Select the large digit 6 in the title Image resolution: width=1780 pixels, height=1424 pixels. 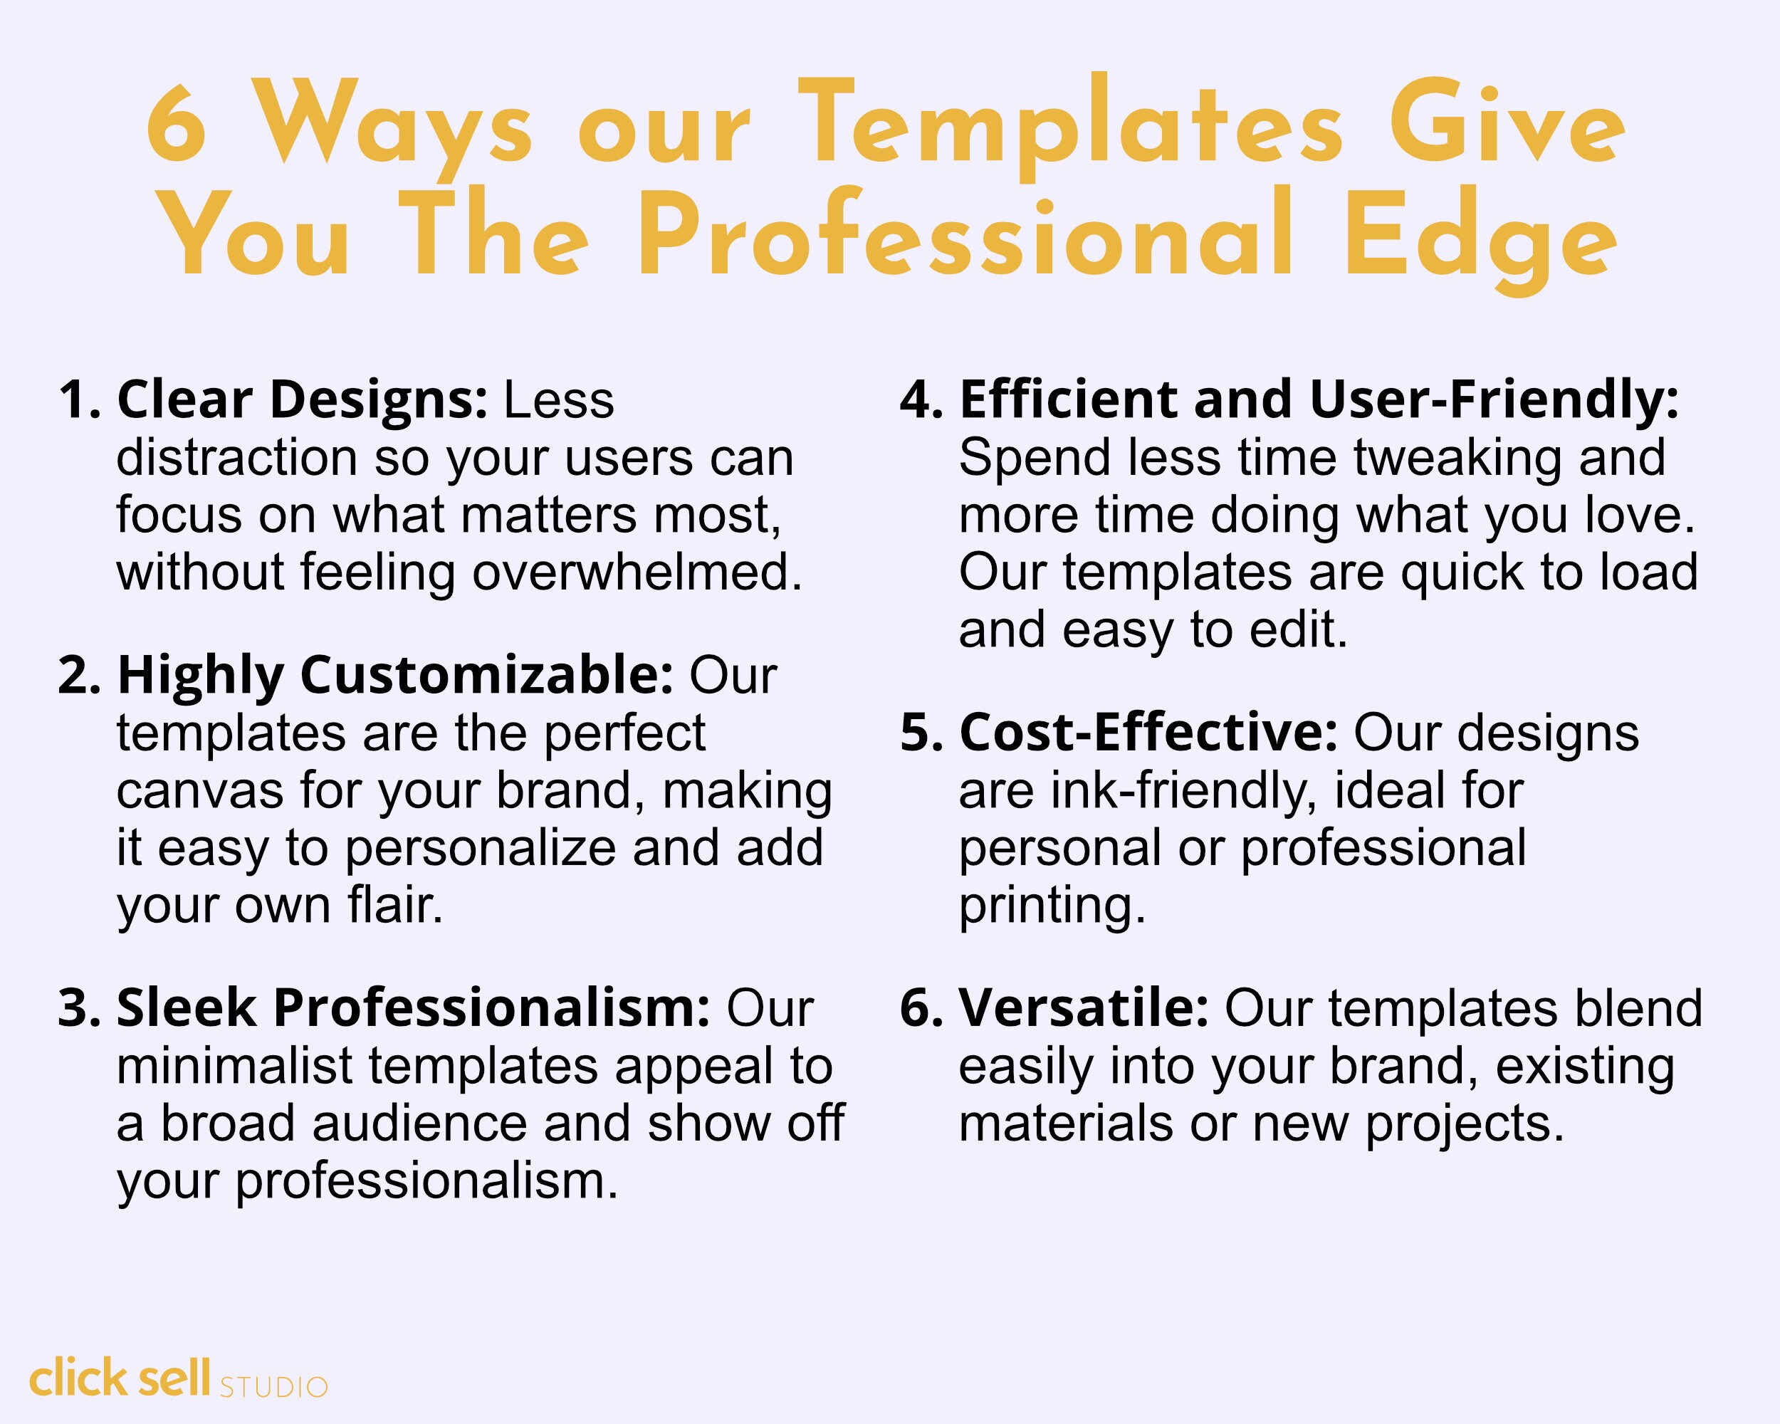[176, 123]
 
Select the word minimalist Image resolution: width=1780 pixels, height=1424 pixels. [234, 1066]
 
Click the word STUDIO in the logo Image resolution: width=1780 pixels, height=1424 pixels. [274, 1387]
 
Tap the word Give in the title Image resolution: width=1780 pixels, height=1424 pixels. [1507, 124]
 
